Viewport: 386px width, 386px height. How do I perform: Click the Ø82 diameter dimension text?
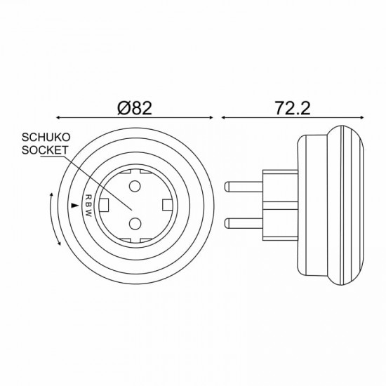pos(135,108)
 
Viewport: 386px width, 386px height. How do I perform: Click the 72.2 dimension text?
pos(293,108)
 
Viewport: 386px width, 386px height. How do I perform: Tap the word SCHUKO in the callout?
pos(46,138)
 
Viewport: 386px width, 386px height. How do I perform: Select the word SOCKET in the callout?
pos(45,150)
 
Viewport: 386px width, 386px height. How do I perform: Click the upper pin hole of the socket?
pos(135,186)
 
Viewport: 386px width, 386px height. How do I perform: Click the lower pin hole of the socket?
pos(135,224)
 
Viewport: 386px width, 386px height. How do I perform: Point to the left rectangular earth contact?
pos(104,205)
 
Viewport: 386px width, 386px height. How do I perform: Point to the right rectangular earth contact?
pos(168,205)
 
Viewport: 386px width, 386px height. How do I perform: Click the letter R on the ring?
pos(88,197)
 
